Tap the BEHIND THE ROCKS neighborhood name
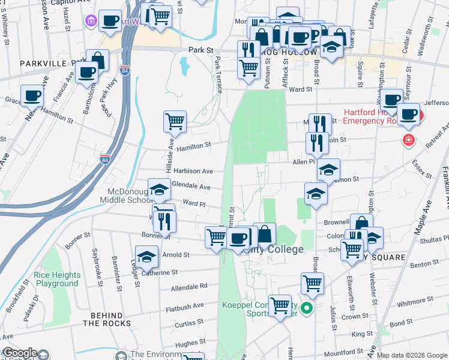point(106,319)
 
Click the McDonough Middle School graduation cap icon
point(159,190)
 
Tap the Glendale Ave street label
point(191,187)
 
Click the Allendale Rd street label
point(189,287)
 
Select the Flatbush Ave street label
point(185,306)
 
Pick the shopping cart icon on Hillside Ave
point(175,122)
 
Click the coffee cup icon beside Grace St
point(32,95)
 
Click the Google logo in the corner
point(20,353)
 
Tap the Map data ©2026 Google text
point(412,355)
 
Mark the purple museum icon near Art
point(91,22)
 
